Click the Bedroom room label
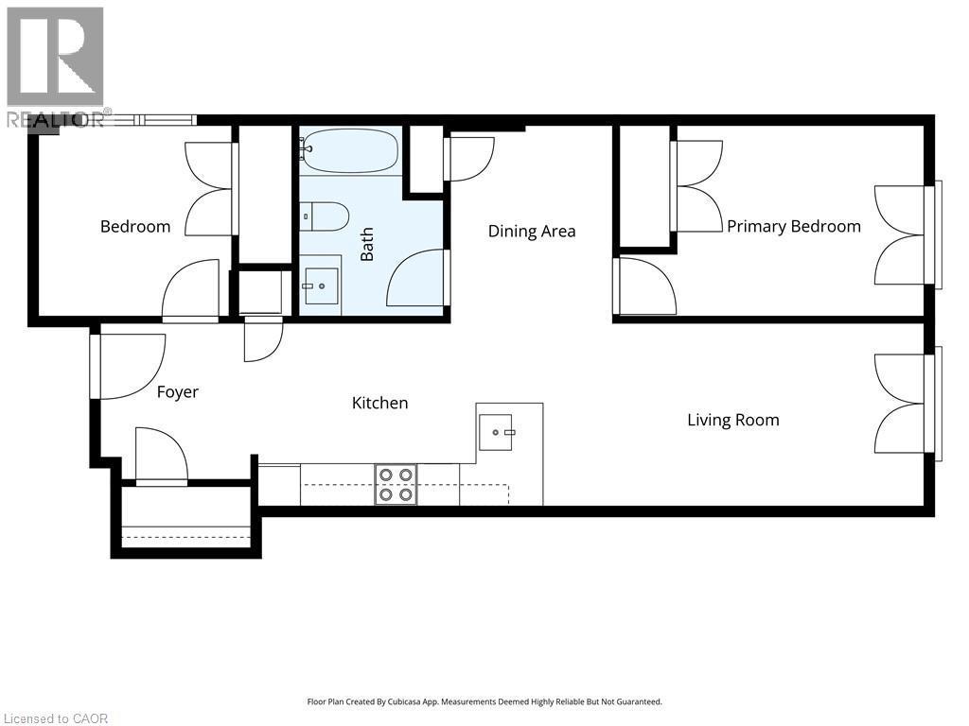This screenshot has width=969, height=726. tap(135, 227)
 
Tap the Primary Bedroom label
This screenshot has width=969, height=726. tap(793, 226)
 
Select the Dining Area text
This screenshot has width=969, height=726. tap(531, 232)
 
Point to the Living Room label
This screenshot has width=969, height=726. tap(732, 420)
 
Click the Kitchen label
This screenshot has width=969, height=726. tap(379, 403)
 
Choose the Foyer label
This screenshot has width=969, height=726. tap(177, 391)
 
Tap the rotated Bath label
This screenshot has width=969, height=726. tap(367, 244)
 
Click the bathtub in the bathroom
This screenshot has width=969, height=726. tap(349, 151)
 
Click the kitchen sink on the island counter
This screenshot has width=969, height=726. tap(496, 431)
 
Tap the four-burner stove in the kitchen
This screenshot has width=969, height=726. tap(396, 484)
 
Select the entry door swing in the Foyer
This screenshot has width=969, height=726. tap(131, 366)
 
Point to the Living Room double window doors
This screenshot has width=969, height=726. tap(904, 404)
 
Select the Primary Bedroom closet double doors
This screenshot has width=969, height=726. tap(696, 186)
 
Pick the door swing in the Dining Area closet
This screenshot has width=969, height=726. tap(470, 158)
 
